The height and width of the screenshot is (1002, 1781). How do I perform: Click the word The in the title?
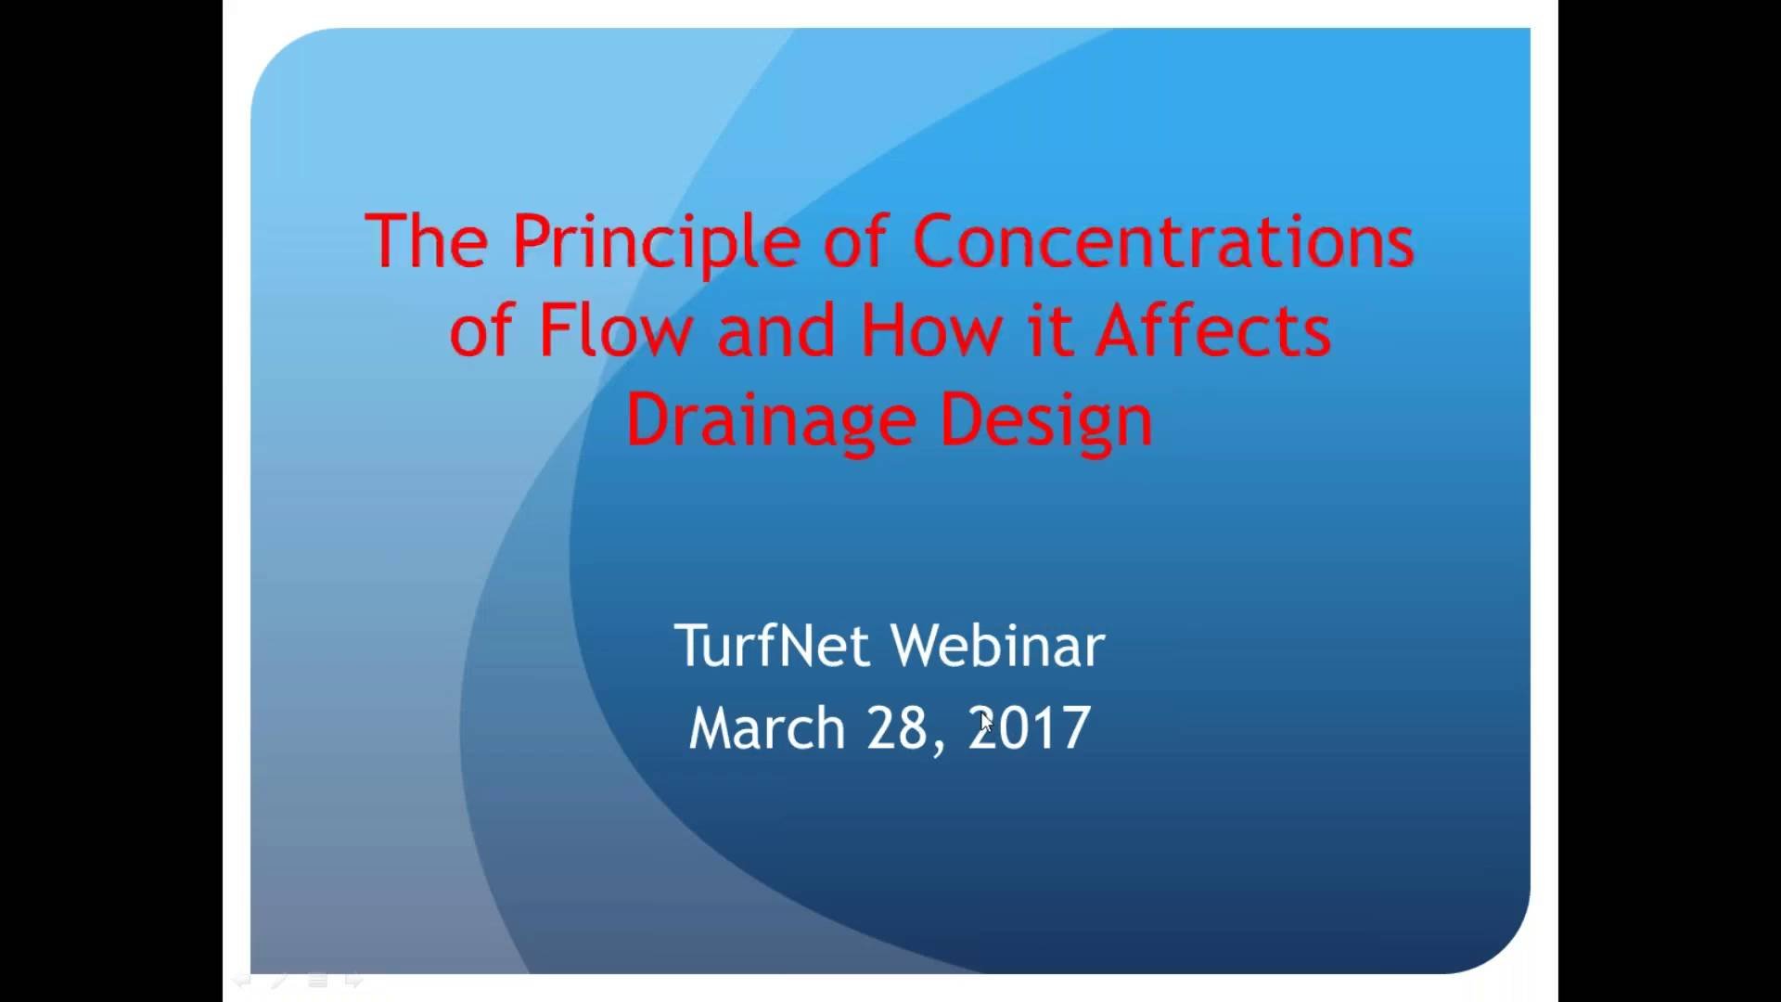426,241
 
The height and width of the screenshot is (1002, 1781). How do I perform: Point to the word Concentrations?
1163,241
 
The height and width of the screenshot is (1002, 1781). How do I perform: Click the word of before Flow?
480,330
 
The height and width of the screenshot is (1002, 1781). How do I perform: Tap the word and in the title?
775,330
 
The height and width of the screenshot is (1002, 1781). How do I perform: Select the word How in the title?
930,330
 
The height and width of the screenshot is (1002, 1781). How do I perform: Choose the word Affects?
1213,330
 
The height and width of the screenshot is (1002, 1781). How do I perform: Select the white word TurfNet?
773,646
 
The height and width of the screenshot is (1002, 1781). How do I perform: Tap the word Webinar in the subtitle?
997,646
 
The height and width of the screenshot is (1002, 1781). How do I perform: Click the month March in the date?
766,727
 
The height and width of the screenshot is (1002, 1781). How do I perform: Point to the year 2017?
1030,727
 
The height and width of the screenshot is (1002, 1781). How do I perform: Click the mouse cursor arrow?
985,722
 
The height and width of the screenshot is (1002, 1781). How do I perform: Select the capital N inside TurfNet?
797,646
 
